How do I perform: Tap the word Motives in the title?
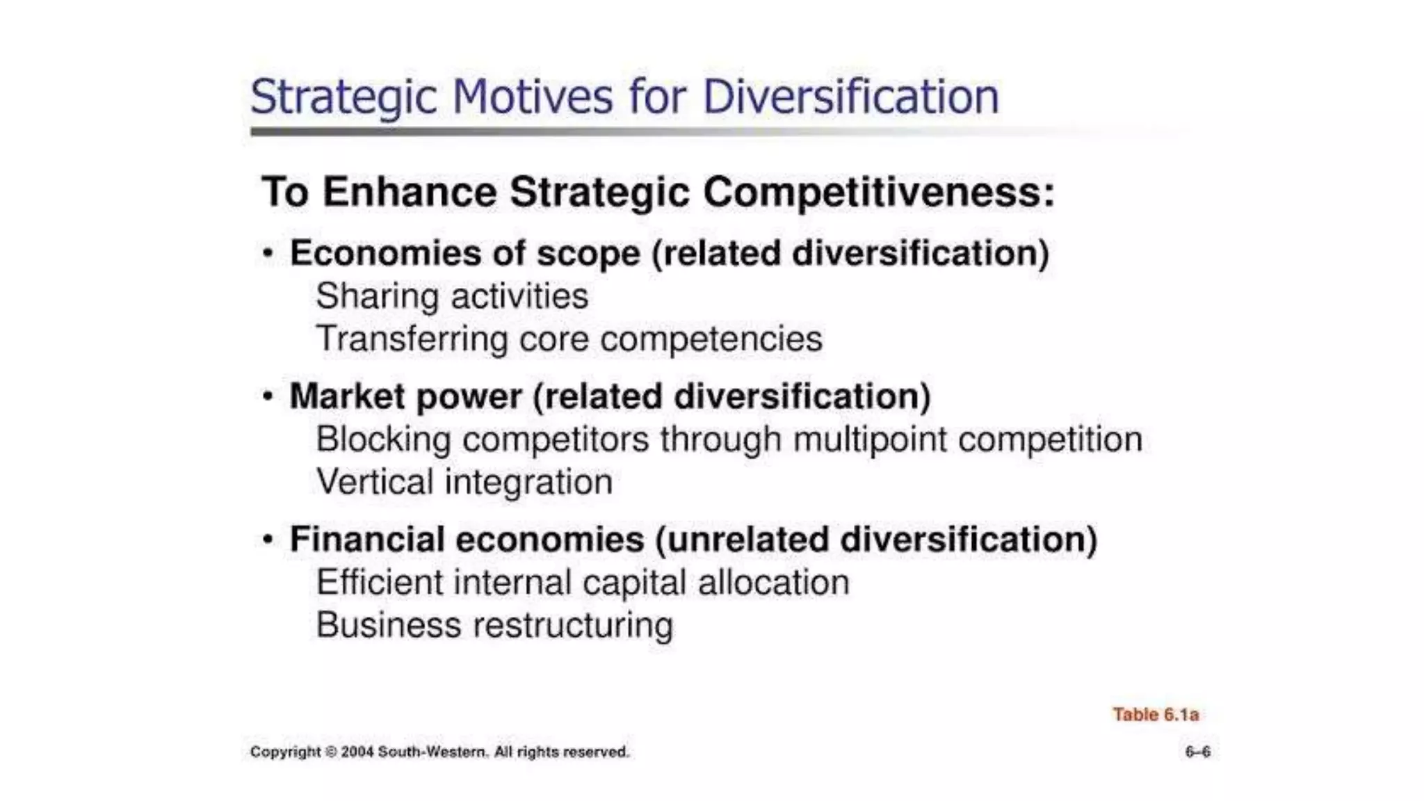(x=532, y=97)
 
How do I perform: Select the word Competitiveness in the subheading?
(x=879, y=192)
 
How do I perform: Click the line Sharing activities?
(x=452, y=296)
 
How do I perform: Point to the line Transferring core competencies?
(x=569, y=339)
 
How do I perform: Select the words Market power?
(x=405, y=397)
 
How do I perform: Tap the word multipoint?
(x=869, y=439)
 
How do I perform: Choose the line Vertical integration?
(x=464, y=482)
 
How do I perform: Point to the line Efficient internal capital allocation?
(x=583, y=583)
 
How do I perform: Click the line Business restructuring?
(x=494, y=625)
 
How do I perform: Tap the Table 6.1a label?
(x=1156, y=715)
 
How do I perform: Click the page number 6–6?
(x=1197, y=752)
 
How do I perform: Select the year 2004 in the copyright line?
(x=357, y=752)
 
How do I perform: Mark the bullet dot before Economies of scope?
(x=268, y=253)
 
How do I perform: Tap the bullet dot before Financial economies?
(x=268, y=540)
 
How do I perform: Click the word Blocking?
(x=383, y=439)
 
